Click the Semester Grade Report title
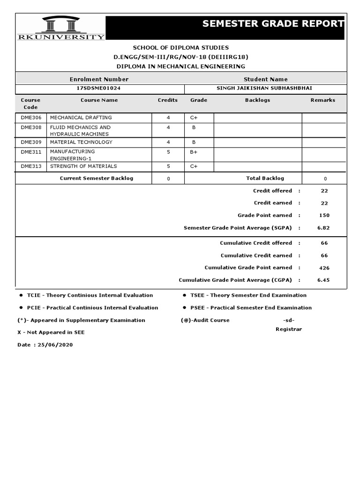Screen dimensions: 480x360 (273, 24)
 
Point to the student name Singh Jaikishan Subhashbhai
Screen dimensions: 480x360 (265, 88)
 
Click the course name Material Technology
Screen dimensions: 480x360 (81, 142)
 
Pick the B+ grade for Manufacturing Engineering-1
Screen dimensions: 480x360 (194, 152)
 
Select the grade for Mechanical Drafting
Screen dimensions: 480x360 (194, 118)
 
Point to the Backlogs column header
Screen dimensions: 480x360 (257, 100)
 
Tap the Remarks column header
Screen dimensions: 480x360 (322, 100)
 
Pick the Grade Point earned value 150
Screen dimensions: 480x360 (324, 216)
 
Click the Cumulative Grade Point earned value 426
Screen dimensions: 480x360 (324, 268)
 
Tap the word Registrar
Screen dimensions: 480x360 (288, 329)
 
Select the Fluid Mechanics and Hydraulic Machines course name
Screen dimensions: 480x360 (80, 131)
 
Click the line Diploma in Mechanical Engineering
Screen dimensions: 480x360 (180, 67)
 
